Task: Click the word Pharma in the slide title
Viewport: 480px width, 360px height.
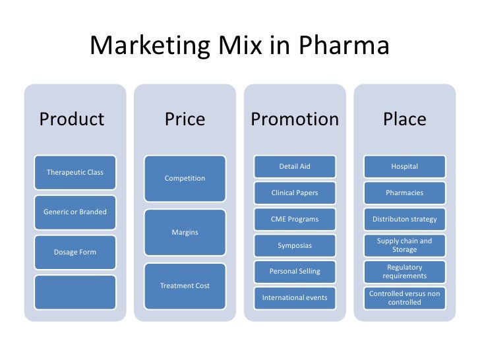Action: click(345, 46)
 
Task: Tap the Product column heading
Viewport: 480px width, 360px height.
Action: click(72, 119)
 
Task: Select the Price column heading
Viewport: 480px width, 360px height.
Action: click(185, 119)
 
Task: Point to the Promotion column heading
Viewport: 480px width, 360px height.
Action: click(295, 119)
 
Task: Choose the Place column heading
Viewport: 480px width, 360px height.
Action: click(405, 119)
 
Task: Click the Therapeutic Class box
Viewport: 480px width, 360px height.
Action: click(75, 173)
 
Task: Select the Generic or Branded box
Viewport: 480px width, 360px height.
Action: click(75, 212)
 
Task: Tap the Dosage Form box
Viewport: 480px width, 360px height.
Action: click(75, 252)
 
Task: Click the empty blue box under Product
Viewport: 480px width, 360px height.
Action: click(75, 291)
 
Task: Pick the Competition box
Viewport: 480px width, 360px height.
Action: click(185, 178)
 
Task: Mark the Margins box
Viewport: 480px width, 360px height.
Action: click(185, 232)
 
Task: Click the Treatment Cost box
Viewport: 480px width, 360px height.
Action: click(185, 285)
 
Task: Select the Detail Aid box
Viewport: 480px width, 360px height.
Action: click(295, 167)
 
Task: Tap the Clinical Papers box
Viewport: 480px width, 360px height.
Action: click(295, 193)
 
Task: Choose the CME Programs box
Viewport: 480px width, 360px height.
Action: click(295, 219)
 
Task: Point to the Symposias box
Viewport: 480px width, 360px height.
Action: click(295, 245)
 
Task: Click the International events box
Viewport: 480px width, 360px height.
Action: click(295, 298)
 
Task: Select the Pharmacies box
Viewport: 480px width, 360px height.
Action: click(405, 193)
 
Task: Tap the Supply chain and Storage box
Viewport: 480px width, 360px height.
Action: click(405, 245)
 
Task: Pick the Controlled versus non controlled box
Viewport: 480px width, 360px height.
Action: click(405, 298)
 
